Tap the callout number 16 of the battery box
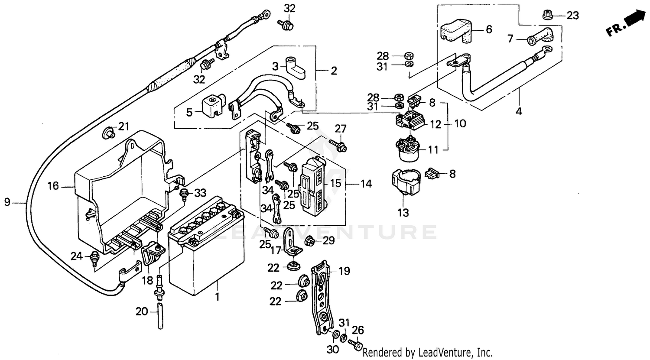tap(53, 187)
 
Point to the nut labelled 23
tap(548, 16)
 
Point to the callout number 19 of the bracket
tap(344, 272)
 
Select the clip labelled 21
tap(108, 133)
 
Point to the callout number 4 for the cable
tap(519, 112)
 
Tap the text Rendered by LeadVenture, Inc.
tap(428, 352)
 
